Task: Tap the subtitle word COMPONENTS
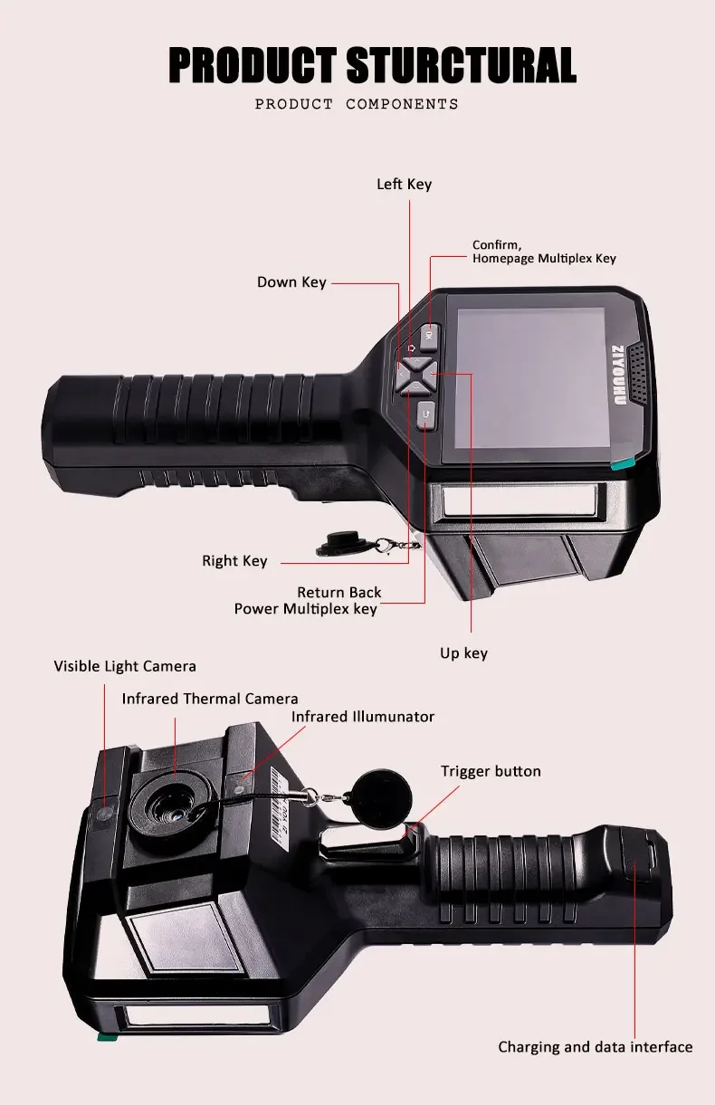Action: (402, 104)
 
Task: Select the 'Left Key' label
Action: (404, 184)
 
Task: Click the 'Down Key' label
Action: (291, 282)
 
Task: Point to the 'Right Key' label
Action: (234, 561)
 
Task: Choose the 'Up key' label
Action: (463, 653)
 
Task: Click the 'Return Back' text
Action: (339, 593)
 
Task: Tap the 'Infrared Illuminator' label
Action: (363, 717)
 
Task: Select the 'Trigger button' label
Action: (491, 771)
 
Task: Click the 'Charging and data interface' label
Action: (595, 1047)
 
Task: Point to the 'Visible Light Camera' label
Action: (125, 666)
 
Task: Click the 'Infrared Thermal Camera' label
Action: (210, 699)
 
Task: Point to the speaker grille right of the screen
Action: (640, 372)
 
